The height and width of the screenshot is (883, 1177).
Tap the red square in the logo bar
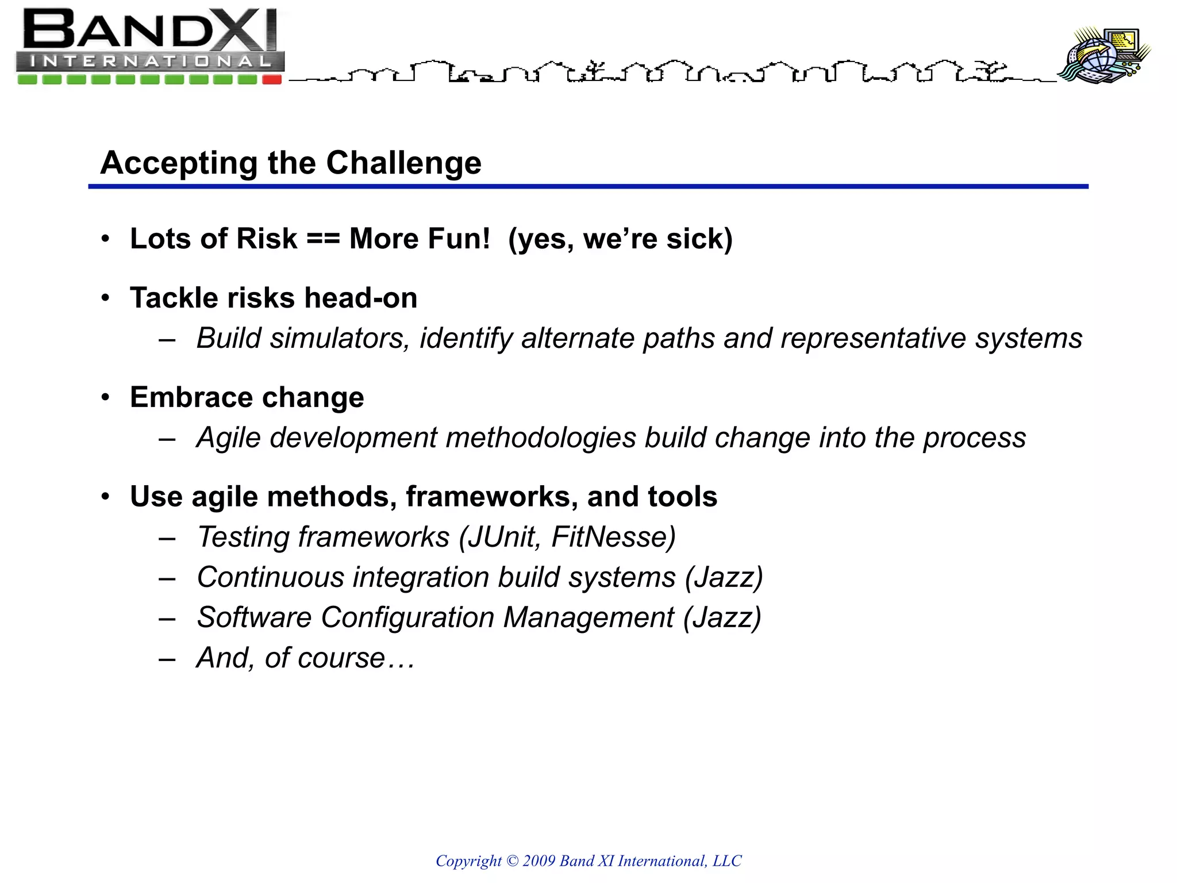(x=272, y=80)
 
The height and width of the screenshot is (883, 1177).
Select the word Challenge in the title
(x=403, y=163)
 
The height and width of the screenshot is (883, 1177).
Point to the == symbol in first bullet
(x=323, y=239)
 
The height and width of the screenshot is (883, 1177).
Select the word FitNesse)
(x=613, y=538)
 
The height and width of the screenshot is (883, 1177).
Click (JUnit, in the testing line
(x=499, y=538)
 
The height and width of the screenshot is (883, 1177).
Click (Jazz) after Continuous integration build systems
(x=724, y=578)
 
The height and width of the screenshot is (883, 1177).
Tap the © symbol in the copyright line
(x=512, y=861)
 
